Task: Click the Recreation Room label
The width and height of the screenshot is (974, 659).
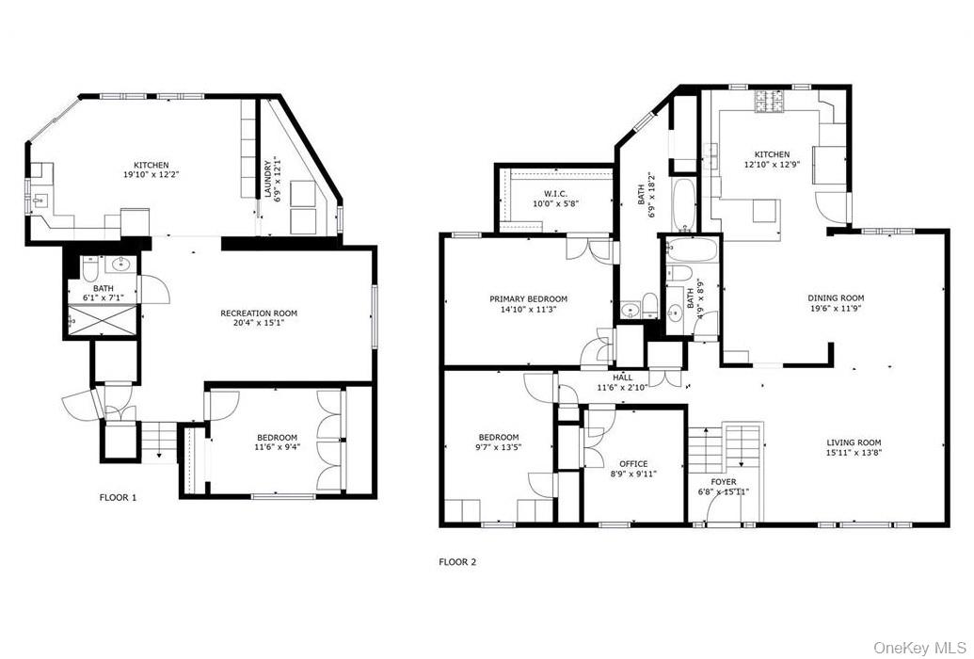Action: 258,313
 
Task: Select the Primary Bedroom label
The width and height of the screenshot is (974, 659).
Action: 528,299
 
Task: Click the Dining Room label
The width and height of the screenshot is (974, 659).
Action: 835,298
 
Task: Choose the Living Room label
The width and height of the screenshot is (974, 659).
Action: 854,442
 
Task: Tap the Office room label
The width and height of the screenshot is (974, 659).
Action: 632,464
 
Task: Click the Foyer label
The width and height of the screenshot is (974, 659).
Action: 723,481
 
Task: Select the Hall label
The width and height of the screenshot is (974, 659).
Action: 622,378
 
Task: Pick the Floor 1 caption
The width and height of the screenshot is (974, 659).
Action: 118,497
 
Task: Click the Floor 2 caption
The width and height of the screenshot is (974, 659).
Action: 457,562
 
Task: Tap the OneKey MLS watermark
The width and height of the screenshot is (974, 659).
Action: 920,648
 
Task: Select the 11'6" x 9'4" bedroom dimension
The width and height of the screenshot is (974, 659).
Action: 277,448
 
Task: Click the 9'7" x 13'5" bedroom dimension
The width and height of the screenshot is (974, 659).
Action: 498,448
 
